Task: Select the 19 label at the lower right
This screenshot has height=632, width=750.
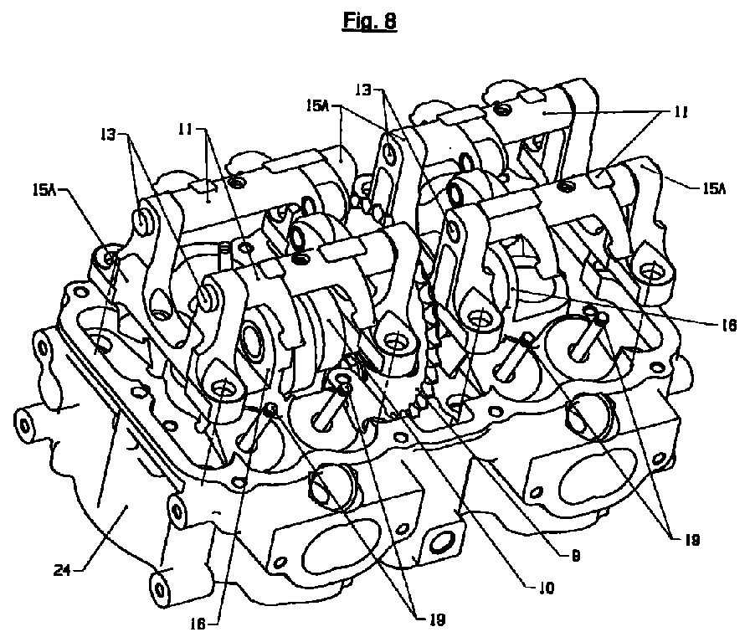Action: tap(691, 539)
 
